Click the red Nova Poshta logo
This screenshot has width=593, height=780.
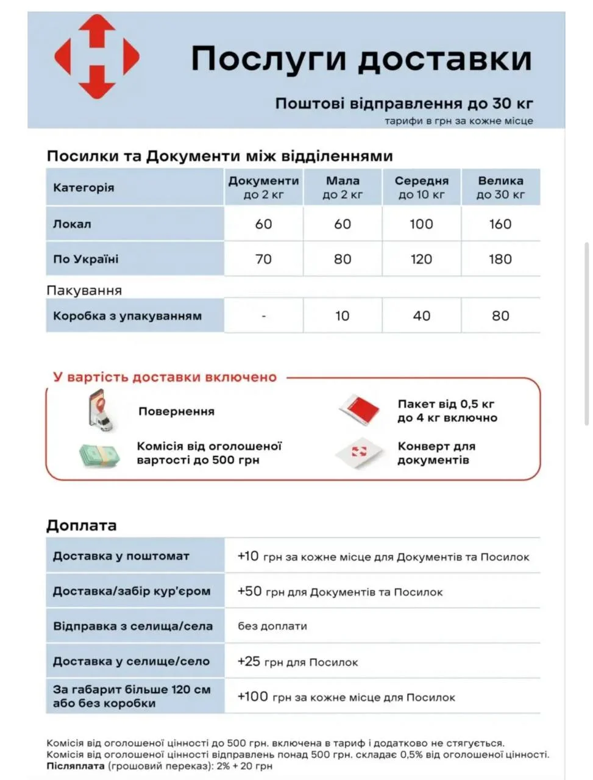pos(96,57)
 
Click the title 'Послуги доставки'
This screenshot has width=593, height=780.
pos(361,59)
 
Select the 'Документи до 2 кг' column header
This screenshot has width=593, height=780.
pos(263,188)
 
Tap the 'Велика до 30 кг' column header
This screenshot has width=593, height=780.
pos(500,188)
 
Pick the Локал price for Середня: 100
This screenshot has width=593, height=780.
pos(421,224)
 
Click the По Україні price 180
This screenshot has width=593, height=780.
pos(500,260)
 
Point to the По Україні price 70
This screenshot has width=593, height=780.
pos(263,260)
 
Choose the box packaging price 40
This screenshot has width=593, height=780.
pos(421,316)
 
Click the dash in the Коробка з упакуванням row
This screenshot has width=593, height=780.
pos(263,316)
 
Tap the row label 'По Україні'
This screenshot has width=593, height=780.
pos(86,260)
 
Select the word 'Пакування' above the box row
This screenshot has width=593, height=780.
pos(84,291)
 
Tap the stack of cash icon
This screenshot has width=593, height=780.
pos(99,455)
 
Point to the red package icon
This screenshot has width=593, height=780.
pos(360,409)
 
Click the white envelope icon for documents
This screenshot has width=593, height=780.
pos(360,453)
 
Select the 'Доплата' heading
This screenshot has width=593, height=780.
pos(82,526)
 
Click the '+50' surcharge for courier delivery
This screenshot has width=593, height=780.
pos(249,592)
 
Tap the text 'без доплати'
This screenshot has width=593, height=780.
pos(272,626)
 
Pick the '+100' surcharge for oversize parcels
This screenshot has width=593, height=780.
pos(252,697)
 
